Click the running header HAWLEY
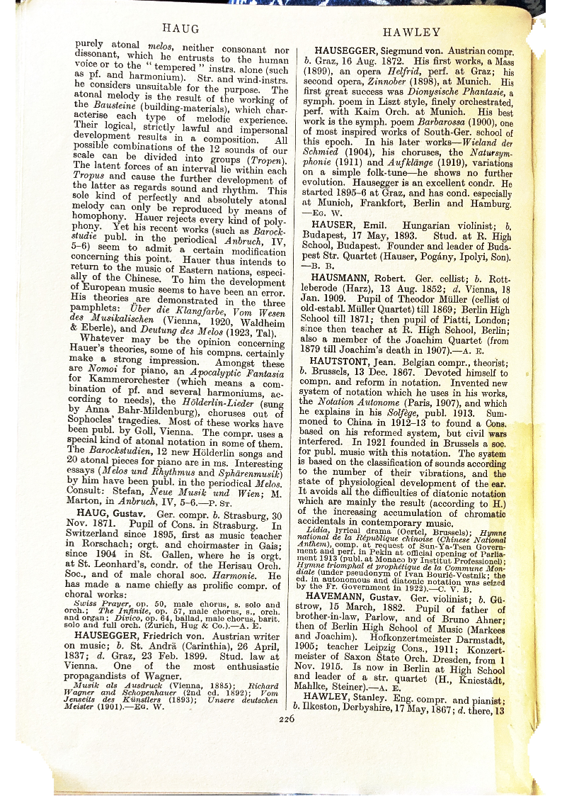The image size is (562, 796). tap(411, 32)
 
